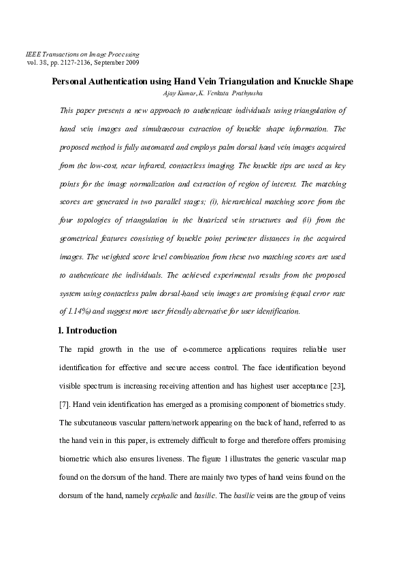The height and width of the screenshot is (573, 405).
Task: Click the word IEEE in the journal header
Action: (32, 53)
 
